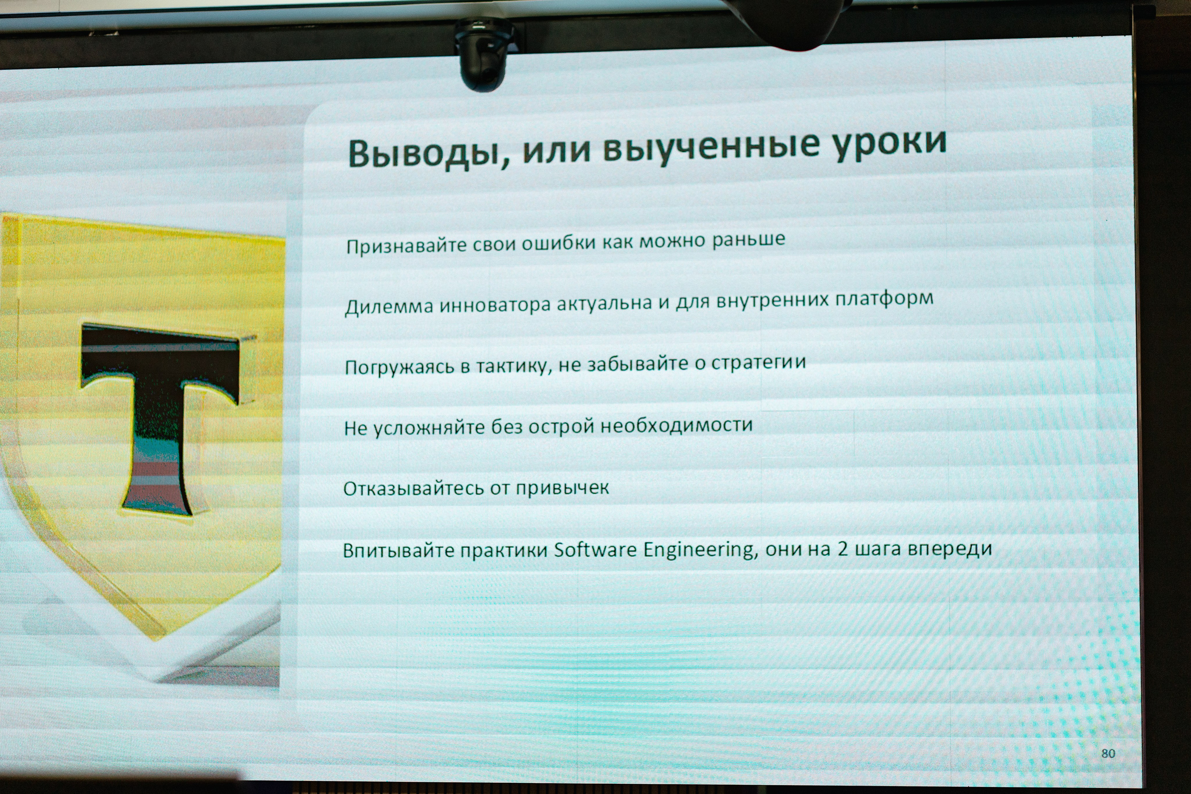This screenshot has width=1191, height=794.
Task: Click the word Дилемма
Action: [x=388, y=307]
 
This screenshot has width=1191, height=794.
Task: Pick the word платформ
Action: [x=883, y=299]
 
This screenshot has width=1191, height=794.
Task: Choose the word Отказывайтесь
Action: [x=412, y=489]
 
